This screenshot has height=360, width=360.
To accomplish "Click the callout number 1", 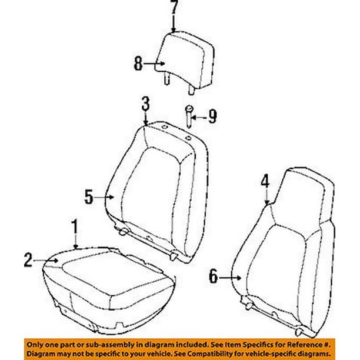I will coord(75,225).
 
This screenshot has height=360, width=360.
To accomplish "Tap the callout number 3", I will coord(145,106).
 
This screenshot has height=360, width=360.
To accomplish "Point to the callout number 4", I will coord(266,182).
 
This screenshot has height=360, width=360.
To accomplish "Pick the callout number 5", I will coord(88,197).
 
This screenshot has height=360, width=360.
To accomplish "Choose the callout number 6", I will coord(213,275).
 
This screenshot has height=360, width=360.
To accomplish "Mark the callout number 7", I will coord(173,8).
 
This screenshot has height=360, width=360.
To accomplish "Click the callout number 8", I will coord(138,63).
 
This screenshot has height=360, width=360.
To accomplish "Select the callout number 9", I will coord(212,116).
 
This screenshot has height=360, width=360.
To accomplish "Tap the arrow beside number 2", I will coord(47,259).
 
